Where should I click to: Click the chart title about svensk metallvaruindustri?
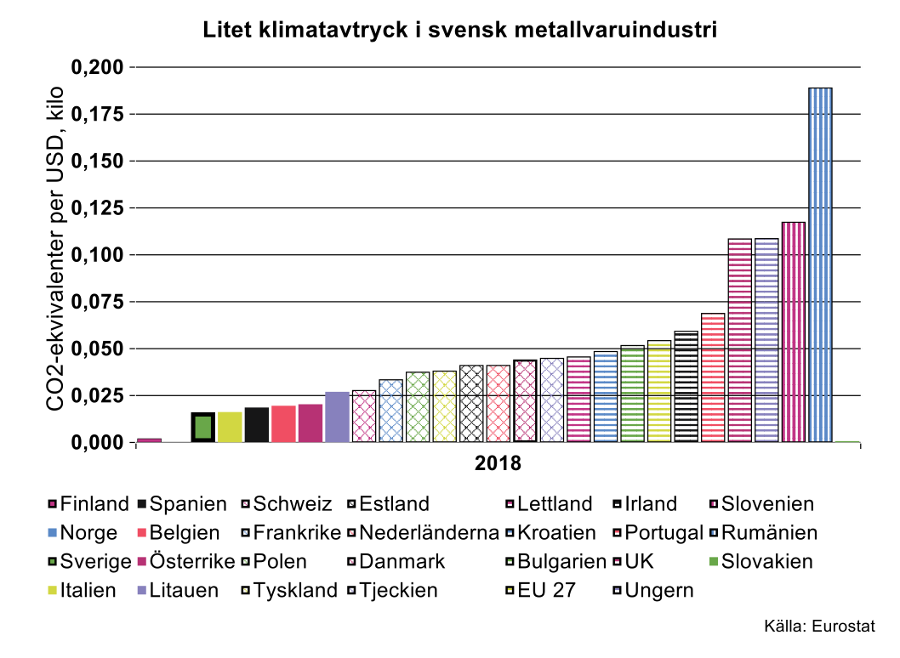[460, 31]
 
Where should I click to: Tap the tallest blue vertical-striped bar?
[820, 264]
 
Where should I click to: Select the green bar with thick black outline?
[202, 427]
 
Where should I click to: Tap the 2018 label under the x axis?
[498, 464]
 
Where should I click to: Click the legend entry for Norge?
[85, 533]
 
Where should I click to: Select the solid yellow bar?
[230, 427]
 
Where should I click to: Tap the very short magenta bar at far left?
[149, 440]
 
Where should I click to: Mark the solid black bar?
[257, 425]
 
